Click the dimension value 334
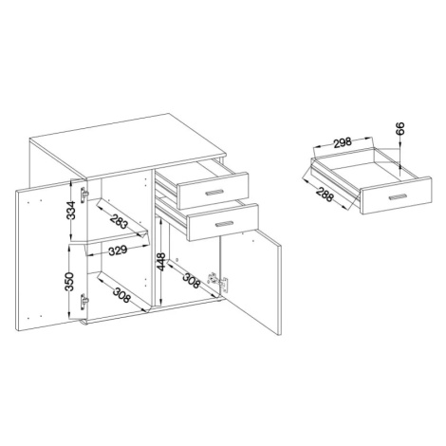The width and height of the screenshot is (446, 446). coord(71,210)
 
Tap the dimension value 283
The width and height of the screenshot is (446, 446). coord(119,221)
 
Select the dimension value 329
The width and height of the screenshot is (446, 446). coord(118,251)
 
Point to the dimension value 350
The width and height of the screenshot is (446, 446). coord(69,281)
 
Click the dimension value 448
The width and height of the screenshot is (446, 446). coord(161,262)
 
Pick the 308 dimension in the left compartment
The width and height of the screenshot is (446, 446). coord(121,295)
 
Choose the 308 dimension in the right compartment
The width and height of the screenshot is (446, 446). coord(192,281)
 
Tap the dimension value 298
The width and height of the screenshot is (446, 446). coord(343,142)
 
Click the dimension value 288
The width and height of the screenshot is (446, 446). coord(325,195)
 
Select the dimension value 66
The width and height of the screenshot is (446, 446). coord(400,129)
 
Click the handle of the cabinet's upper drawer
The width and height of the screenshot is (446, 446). coord(214,193)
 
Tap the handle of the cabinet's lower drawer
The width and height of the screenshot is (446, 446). coord(224,224)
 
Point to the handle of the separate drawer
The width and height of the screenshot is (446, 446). coord(399,197)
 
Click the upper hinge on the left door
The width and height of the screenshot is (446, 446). coord(84,195)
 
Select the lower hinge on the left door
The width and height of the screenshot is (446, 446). coord(84,302)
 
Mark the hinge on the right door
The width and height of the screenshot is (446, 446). coord(218,281)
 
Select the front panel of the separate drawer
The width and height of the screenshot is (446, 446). coord(397,196)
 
